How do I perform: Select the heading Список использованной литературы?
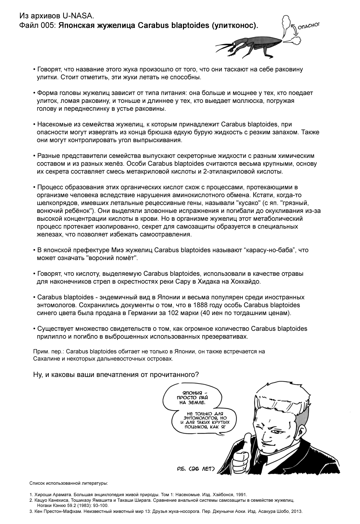pos(68,483)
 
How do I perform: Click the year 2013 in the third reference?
pos(297,511)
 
